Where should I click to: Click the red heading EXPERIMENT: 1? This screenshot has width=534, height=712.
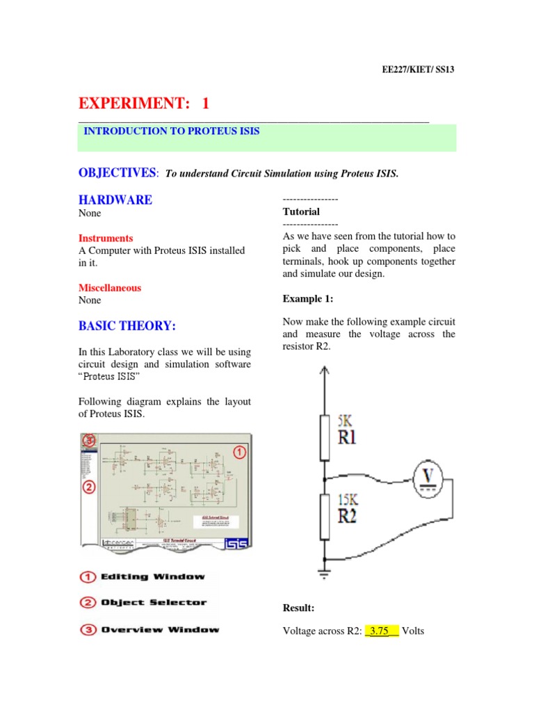tap(143, 104)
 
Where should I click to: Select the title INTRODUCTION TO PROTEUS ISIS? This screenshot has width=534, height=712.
tap(172, 131)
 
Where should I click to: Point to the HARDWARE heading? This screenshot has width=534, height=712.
tap(115, 200)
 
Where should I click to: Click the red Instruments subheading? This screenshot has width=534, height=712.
tap(106, 238)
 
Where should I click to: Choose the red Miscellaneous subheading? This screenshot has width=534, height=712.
tap(110, 288)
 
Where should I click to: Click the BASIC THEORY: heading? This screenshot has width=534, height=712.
tap(127, 325)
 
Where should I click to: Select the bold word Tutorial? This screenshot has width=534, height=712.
tap(301, 211)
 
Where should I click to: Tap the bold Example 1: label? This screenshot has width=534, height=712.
tap(308, 299)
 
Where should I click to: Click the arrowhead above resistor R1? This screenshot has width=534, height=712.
tap(323, 373)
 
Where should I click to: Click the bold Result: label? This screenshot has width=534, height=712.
tap(299, 608)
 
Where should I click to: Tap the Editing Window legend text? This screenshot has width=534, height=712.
tap(153, 576)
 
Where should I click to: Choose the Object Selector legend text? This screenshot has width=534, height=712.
tap(154, 603)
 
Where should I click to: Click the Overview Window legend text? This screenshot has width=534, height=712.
tap(160, 630)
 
